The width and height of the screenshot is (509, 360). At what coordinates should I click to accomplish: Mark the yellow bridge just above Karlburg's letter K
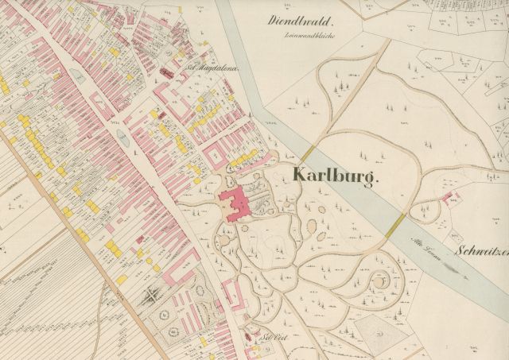(x=309, y=155)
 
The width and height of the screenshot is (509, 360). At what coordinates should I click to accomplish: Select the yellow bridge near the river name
(x=400, y=221)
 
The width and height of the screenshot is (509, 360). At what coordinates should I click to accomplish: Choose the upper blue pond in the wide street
(x=77, y=75)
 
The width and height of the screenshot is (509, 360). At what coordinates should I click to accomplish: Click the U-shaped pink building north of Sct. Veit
(x=235, y=299)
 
